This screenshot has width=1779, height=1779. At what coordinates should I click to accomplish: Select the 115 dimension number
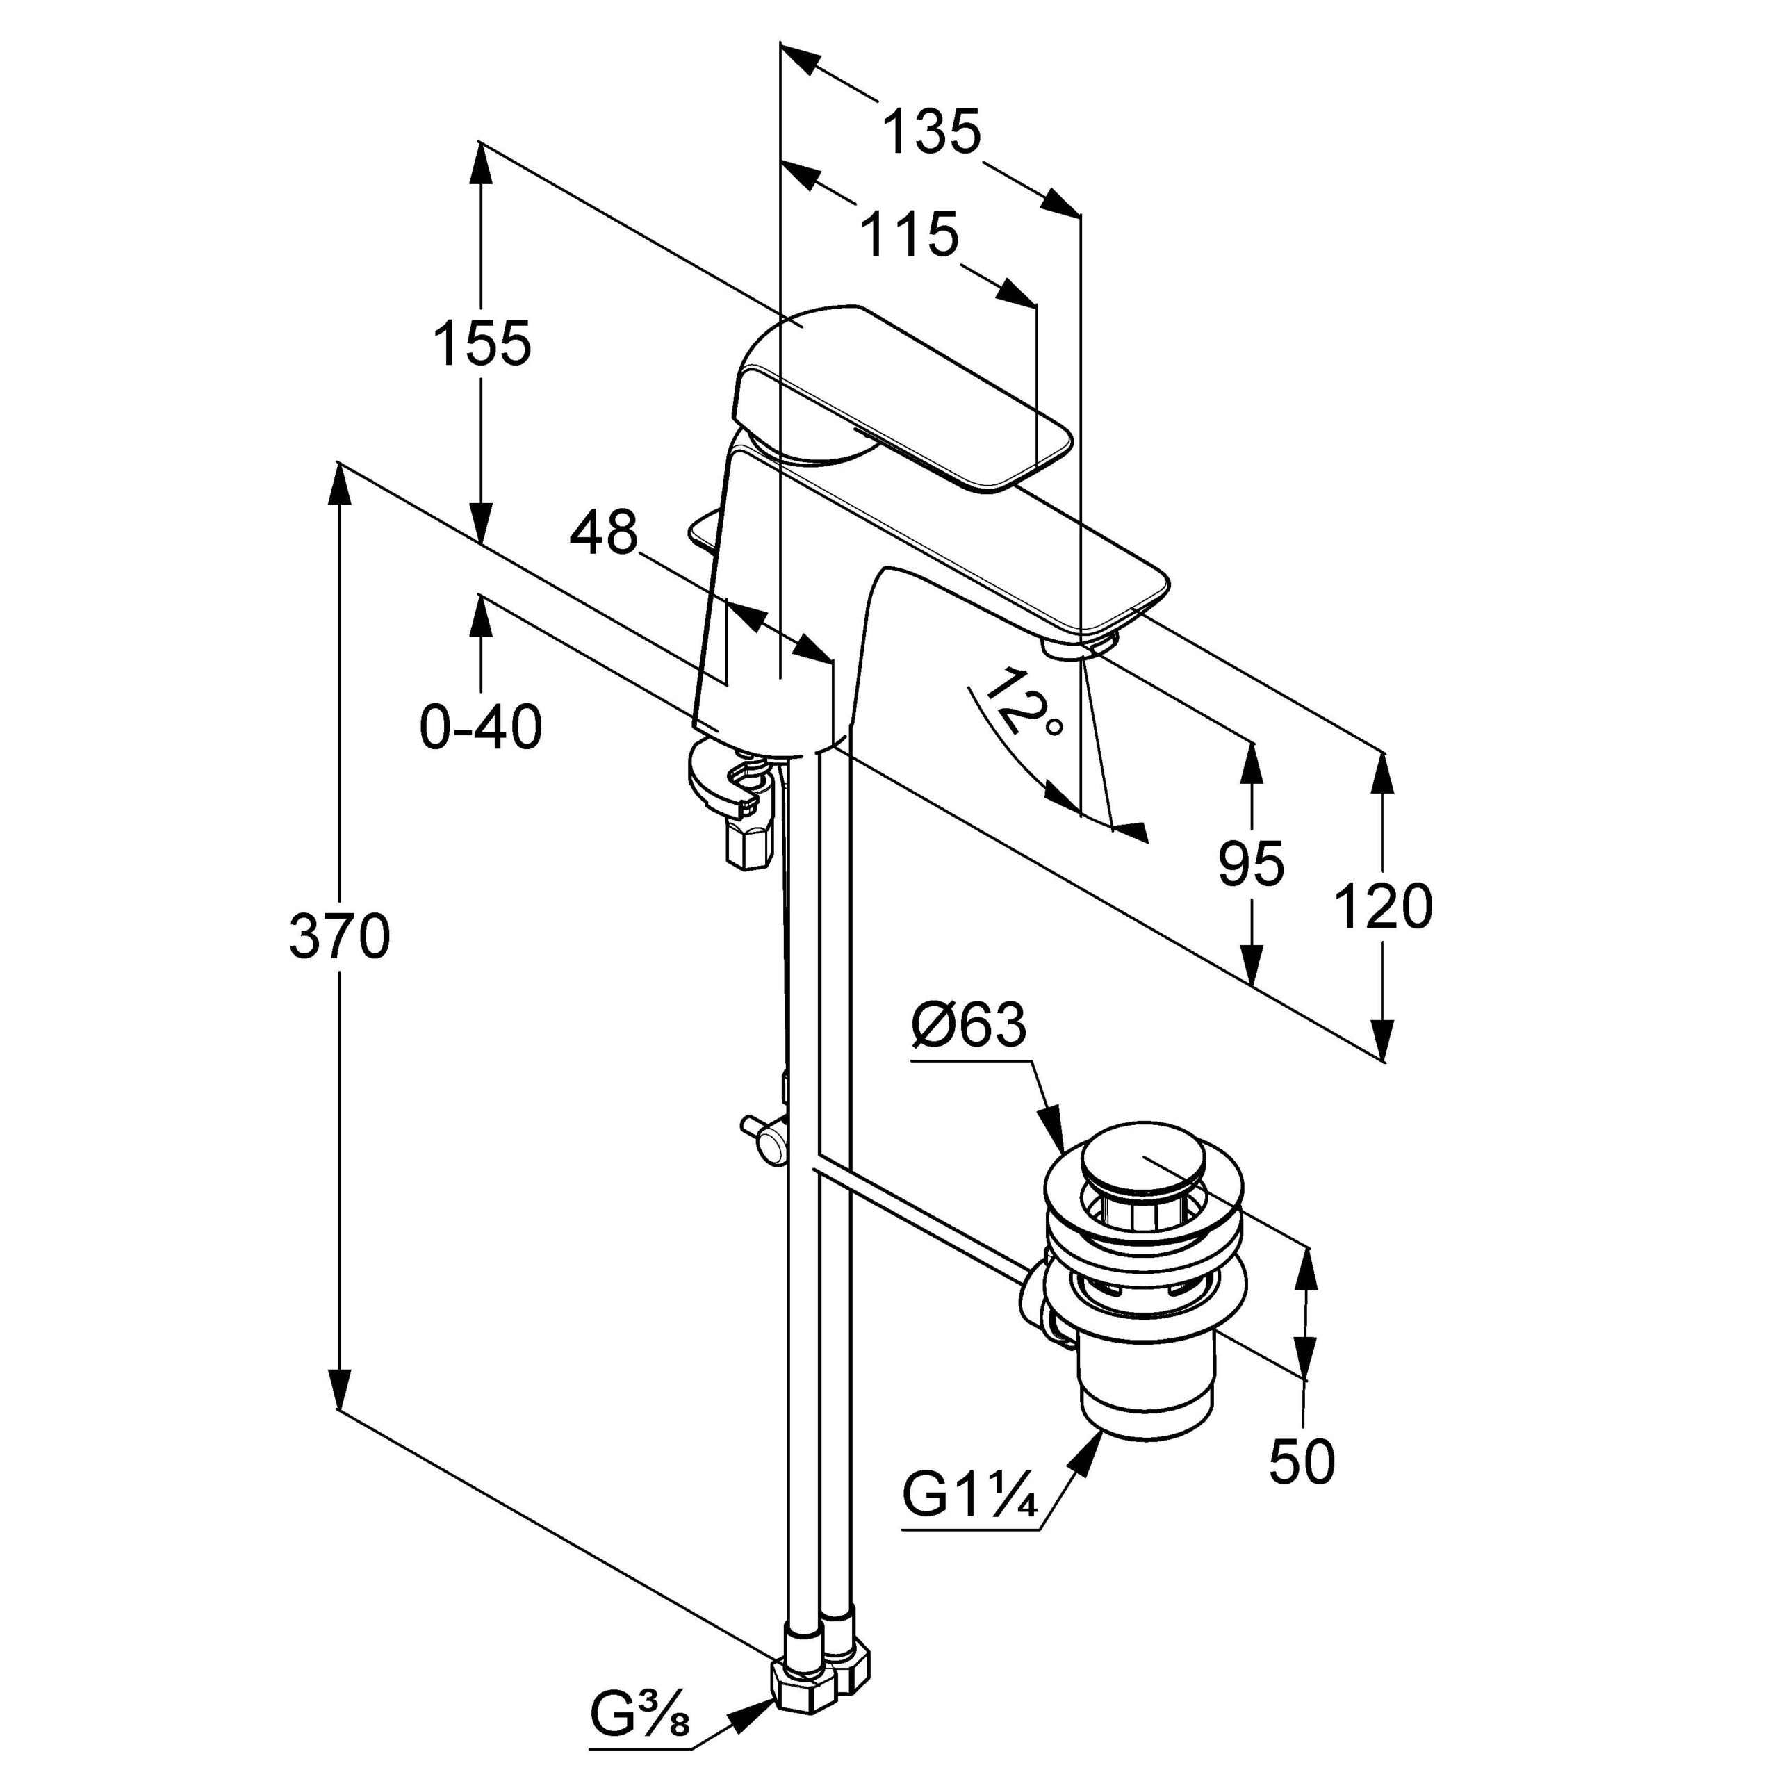(x=910, y=235)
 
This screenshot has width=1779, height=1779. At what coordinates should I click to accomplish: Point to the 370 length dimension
(x=339, y=937)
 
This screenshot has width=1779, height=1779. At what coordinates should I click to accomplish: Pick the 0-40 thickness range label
(x=481, y=728)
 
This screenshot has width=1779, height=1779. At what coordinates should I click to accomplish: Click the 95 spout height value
(x=1250, y=864)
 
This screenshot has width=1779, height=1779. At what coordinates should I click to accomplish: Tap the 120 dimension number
(x=1382, y=906)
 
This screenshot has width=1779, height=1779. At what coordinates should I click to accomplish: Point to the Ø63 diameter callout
(x=968, y=1025)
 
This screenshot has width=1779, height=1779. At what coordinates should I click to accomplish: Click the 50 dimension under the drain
(x=1301, y=1461)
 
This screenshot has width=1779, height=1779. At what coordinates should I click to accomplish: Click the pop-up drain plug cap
(x=1140, y=1162)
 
